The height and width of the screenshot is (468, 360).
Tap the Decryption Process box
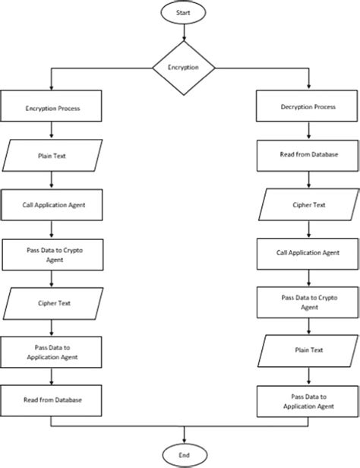[x=309, y=108]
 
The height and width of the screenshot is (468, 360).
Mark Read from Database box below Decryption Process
[x=309, y=156]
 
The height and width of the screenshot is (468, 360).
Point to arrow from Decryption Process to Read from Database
[x=309, y=131]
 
